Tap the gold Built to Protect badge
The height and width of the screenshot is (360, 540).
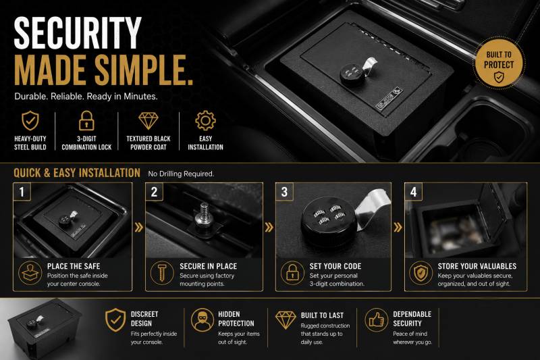pos(499,64)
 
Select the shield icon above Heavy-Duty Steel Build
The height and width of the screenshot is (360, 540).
pos(30,121)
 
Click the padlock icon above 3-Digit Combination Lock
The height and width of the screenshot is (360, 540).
pos(86,121)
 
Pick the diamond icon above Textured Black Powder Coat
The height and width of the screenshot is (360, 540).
pos(148,121)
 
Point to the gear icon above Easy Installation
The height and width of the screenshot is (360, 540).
pos(206,121)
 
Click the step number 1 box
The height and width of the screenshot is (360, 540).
pos(22,192)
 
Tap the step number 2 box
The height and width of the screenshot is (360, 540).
pos(154,192)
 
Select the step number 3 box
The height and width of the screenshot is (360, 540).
pos(284,192)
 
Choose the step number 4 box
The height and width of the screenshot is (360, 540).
pos(414,192)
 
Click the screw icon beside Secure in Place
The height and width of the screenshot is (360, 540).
pos(162,273)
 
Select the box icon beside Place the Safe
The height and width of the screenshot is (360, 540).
pos(30,273)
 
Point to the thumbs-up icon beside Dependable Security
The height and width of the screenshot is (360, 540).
pos(377,320)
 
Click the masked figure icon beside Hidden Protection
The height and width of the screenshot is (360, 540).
pos(202,320)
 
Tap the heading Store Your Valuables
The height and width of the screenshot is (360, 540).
pos(477,266)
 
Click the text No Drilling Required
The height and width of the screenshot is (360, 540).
pos(181,174)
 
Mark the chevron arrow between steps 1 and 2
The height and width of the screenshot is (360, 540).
pos(139,228)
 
